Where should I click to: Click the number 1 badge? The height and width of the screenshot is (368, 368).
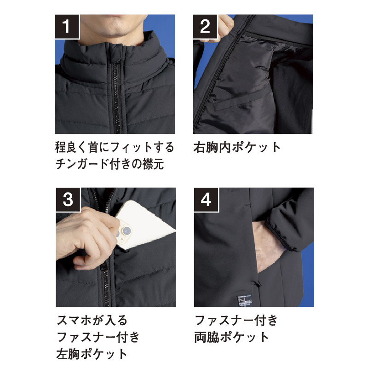[67, 27]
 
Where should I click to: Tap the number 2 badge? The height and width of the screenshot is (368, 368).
[205, 27]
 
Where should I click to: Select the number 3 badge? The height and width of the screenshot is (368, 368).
[68, 200]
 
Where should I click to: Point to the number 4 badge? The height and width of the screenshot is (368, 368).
[206, 200]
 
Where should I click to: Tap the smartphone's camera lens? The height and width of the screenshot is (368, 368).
[126, 230]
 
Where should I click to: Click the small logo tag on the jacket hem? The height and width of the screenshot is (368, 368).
[244, 301]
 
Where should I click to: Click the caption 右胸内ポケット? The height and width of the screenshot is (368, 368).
[237, 147]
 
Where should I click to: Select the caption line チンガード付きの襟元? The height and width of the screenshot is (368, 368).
[109, 164]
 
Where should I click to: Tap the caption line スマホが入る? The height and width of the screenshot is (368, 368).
[92, 320]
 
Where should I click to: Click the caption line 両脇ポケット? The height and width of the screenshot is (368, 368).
[232, 337]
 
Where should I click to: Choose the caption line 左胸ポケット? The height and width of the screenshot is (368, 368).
[92, 354]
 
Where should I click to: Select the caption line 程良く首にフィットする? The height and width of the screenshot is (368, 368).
[115, 147]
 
